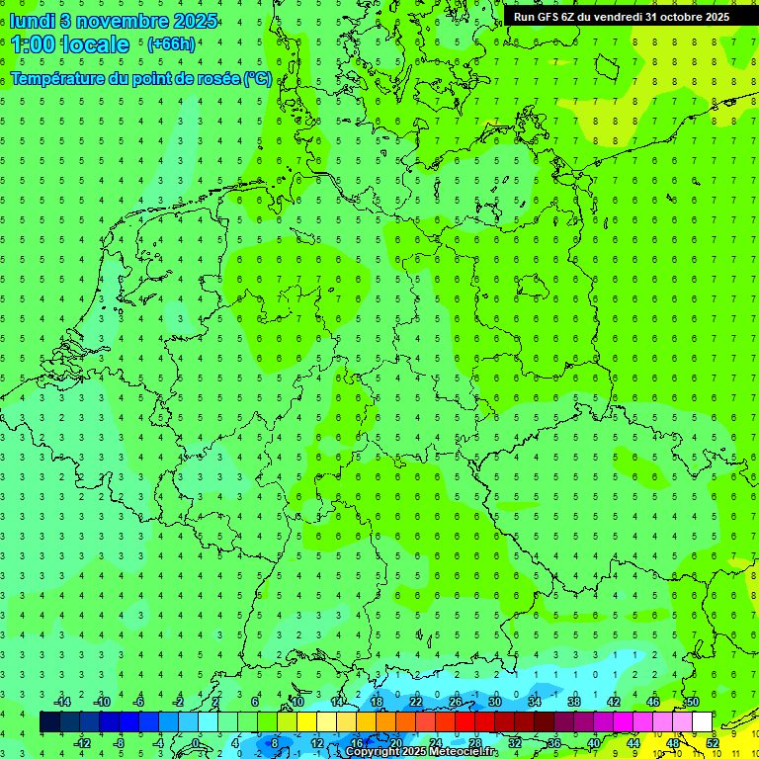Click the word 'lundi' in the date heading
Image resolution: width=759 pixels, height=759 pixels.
click(x=32, y=20)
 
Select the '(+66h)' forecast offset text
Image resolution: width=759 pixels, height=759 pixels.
click(x=171, y=44)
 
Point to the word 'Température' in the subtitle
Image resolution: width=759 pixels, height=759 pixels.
click(x=58, y=79)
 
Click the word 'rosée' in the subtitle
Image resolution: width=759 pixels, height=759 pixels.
click(x=218, y=79)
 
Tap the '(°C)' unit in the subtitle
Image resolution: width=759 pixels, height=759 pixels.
click(x=258, y=79)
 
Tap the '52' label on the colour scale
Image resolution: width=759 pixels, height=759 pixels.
click(x=712, y=742)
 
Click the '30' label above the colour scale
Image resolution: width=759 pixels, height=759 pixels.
click(x=494, y=702)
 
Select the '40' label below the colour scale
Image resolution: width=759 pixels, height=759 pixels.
click(x=593, y=742)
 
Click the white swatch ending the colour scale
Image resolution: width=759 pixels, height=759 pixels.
click(x=702, y=722)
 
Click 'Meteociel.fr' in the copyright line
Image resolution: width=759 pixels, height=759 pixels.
click(x=464, y=752)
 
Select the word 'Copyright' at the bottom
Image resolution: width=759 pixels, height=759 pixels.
click(x=373, y=752)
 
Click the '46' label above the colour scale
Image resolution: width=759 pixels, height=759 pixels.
click(x=652, y=702)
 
